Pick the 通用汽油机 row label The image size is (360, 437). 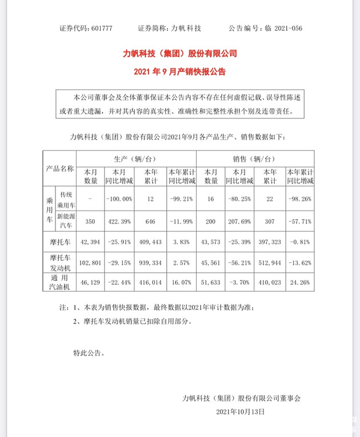(x=60, y=283)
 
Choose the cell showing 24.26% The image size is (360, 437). (x=299, y=283)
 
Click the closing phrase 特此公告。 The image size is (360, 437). (x=89, y=353)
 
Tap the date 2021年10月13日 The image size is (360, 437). (x=241, y=411)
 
